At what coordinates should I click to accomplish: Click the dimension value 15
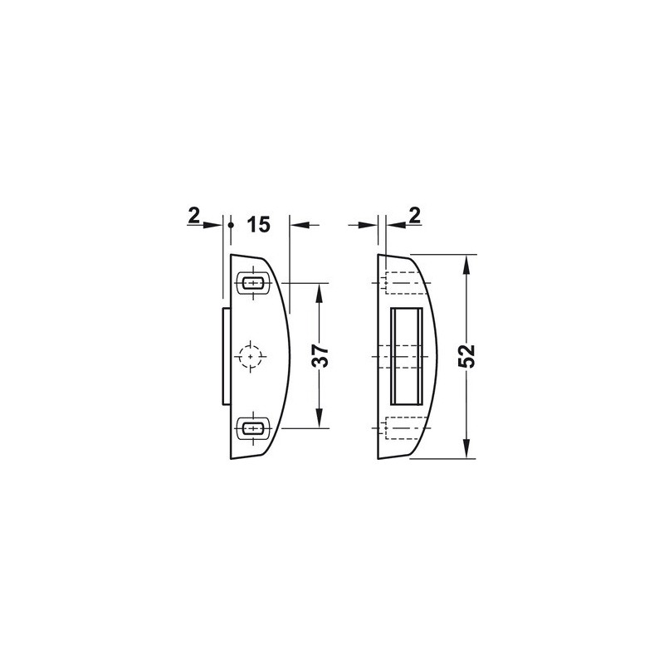tap(258, 224)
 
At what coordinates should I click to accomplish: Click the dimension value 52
tap(467, 356)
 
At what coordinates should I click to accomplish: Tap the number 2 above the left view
tap(193, 217)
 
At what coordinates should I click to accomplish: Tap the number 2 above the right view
tap(415, 216)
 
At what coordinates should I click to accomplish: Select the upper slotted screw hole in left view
tap(254, 282)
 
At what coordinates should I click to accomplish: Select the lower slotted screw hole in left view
tap(254, 428)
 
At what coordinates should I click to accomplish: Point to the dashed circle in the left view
tap(251, 357)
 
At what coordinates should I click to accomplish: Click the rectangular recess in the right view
tap(407, 356)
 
